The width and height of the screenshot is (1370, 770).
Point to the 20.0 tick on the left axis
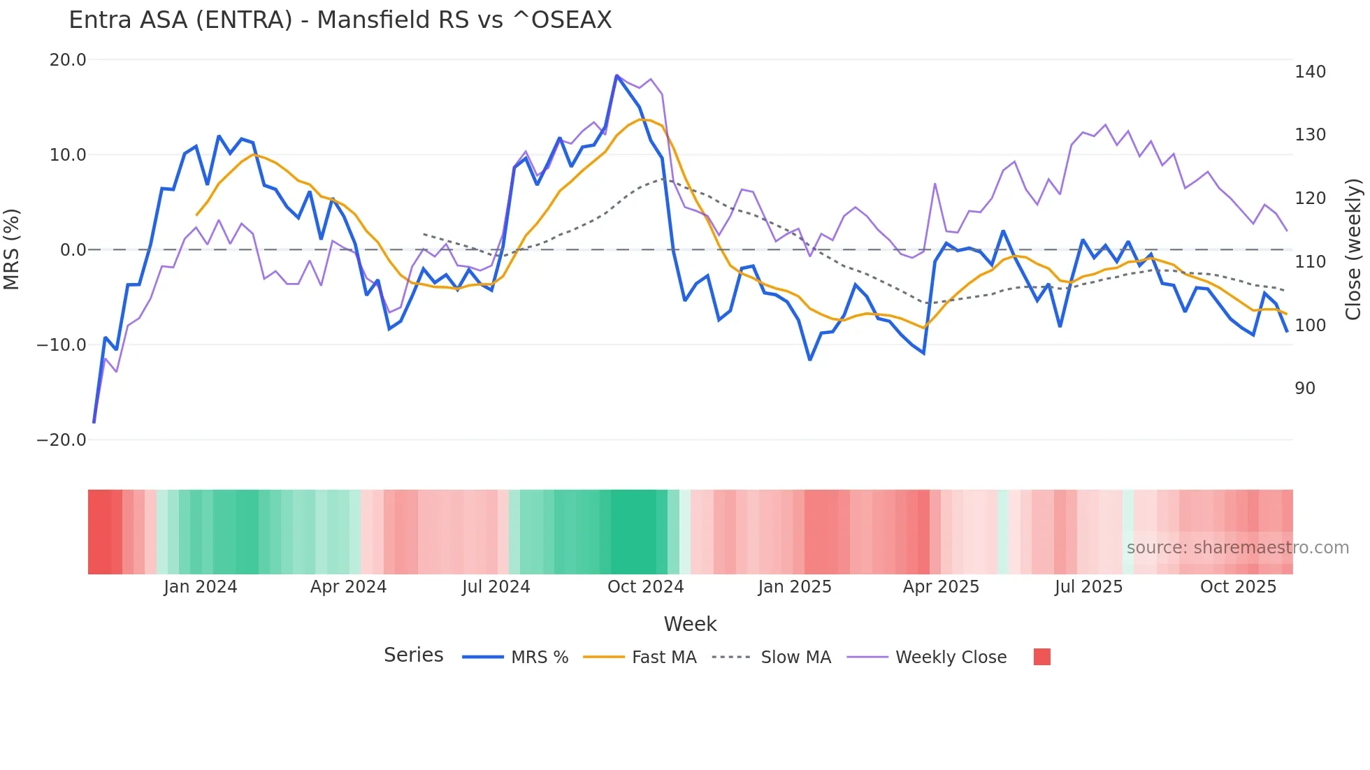68,60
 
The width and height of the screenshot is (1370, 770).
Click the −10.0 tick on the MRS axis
62,345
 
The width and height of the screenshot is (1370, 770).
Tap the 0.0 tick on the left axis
73,250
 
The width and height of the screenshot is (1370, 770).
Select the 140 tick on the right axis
1310,72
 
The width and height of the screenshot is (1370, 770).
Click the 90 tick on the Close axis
1305,388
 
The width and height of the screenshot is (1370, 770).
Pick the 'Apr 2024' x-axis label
348,587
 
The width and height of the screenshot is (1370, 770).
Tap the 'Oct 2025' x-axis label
1238,587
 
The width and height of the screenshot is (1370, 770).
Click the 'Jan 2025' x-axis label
795,587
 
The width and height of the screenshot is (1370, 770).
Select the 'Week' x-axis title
690,624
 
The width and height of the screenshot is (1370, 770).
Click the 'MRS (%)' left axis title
12,249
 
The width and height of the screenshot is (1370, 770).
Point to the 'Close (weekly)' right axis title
1354,249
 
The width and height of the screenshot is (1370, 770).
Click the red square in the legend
1041,657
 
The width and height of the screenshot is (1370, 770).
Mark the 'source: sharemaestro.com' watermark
1237,548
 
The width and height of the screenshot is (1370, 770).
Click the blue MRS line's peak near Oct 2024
616,75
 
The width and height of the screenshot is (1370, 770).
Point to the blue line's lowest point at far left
94,422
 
